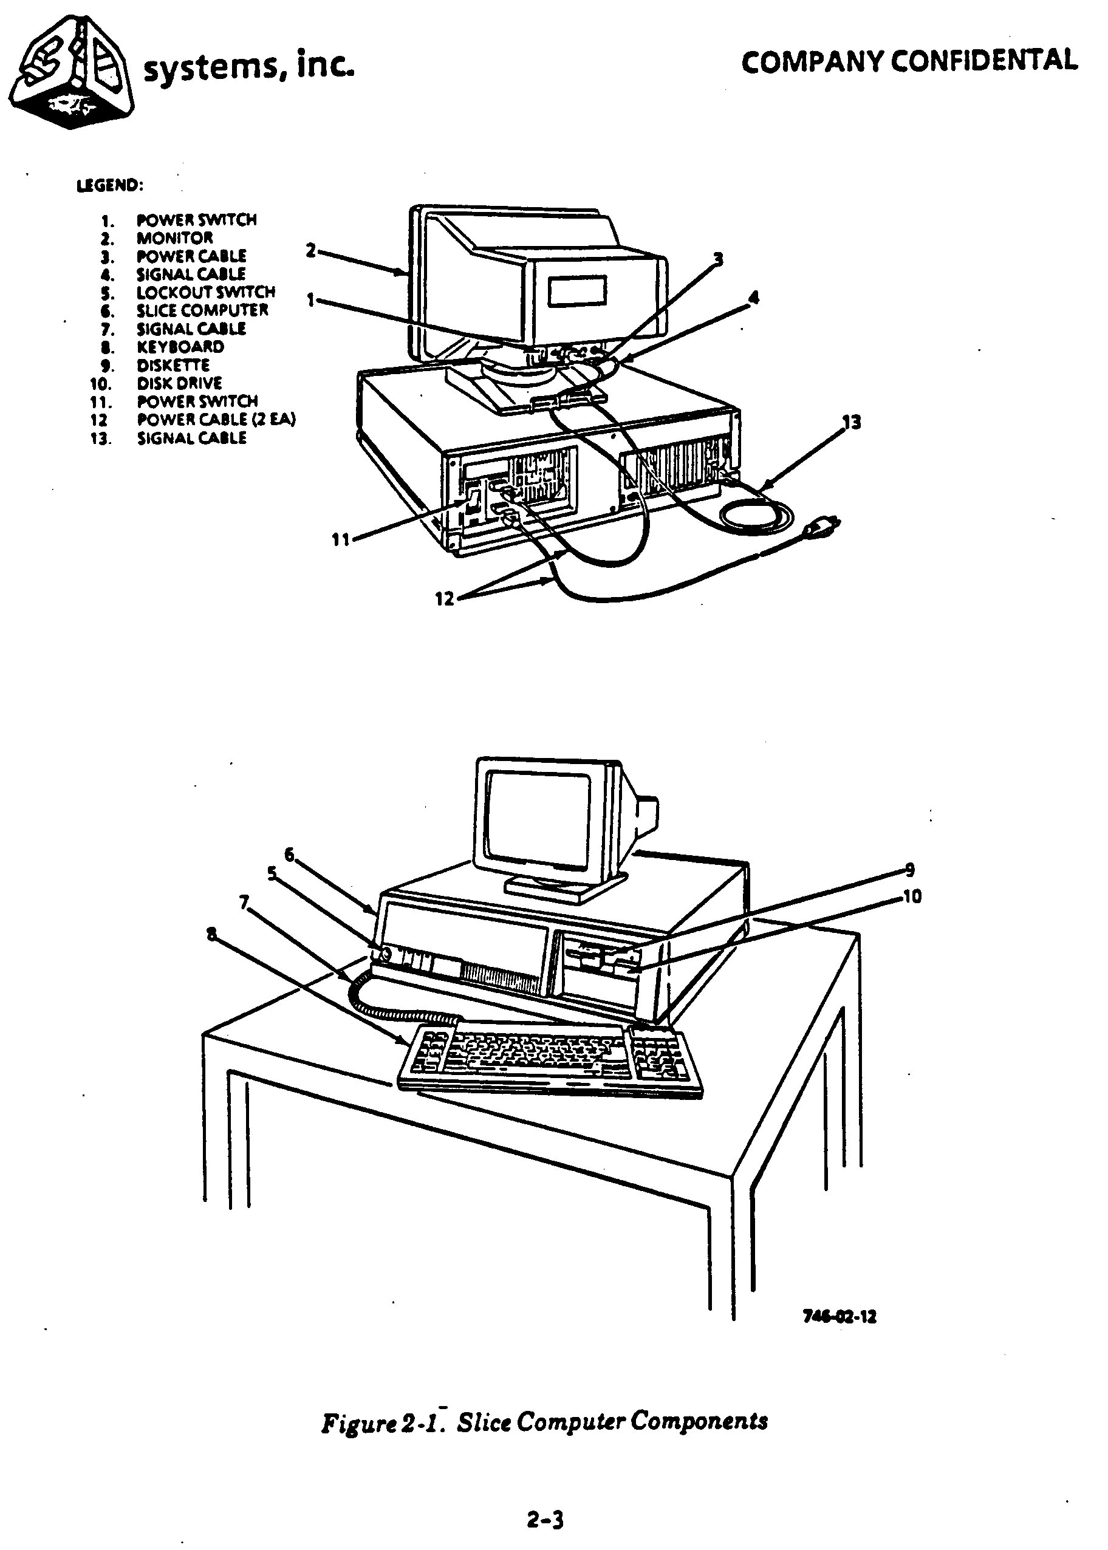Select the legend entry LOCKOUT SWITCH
(x=205, y=292)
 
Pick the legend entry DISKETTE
(x=173, y=365)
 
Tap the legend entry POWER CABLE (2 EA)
(x=216, y=420)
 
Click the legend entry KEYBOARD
(x=180, y=347)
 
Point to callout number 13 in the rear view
(x=851, y=422)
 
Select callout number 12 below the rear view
(x=444, y=598)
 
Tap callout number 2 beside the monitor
(x=310, y=251)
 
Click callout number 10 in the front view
(x=912, y=896)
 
